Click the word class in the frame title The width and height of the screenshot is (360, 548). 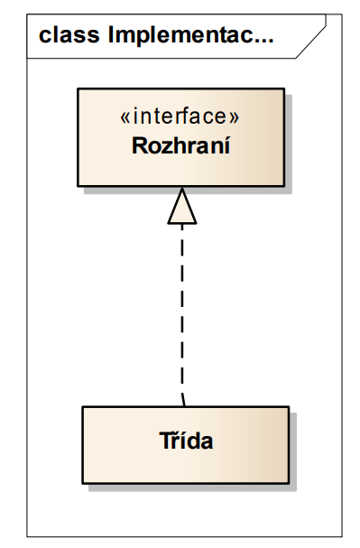pos(68,36)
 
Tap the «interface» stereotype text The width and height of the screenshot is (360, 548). pos(180,117)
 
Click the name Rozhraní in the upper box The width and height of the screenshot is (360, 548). pos(180,144)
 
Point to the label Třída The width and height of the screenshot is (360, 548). pos(185,443)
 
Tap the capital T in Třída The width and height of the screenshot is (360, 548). pos(164,443)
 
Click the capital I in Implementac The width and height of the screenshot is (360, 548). pos(110,37)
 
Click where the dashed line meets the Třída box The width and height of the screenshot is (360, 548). pos(183,405)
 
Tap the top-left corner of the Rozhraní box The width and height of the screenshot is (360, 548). pos(78,88)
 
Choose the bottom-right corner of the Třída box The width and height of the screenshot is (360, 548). pos(289,482)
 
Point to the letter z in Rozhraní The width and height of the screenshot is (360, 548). pos(165,145)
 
